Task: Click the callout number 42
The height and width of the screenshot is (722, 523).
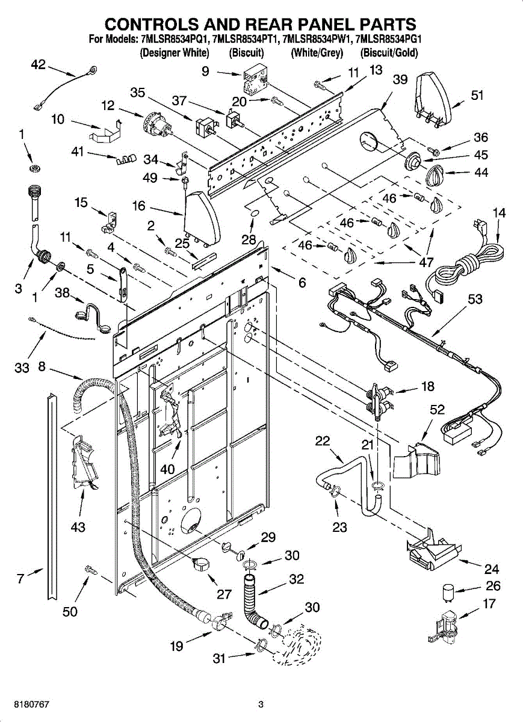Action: (x=38, y=64)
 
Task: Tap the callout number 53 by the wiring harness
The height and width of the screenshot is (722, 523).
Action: (x=475, y=299)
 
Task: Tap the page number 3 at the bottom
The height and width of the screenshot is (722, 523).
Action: (x=261, y=704)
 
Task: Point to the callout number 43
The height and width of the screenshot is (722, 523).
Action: (x=78, y=527)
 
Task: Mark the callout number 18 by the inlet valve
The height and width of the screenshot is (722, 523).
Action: (x=427, y=386)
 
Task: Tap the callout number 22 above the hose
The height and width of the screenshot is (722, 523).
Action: (x=323, y=441)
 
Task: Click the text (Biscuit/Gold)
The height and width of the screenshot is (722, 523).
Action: (x=389, y=52)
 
